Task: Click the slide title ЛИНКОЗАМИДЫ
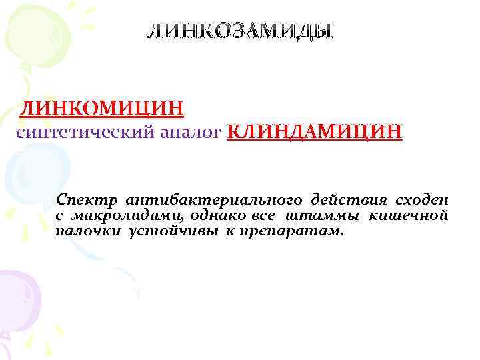coord(239,31)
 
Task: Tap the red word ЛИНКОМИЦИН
coord(102,106)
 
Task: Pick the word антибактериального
coord(213,200)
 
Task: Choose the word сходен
coord(422,200)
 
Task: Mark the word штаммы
coord(321,216)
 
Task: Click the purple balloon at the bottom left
coord(17,293)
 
